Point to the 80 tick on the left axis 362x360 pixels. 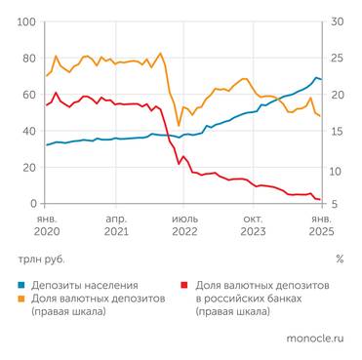coord(30,59)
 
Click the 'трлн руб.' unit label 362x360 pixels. coord(43,260)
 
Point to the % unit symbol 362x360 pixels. coord(339,260)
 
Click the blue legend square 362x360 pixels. coord(21,284)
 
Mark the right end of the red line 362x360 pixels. coord(321,199)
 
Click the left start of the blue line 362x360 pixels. coord(46,145)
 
